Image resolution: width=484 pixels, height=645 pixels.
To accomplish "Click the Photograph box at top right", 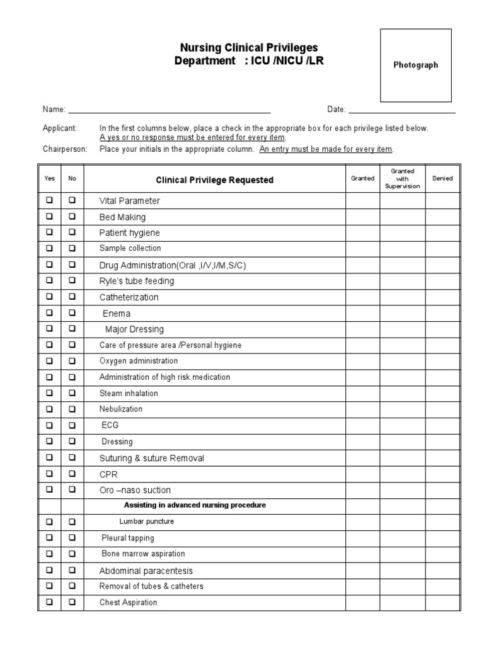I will (415, 65).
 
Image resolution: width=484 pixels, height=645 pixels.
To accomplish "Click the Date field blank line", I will (401, 110).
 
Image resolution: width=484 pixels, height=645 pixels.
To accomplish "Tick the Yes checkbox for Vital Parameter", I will (49, 200).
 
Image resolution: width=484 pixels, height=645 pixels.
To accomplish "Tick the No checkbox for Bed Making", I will (72, 216).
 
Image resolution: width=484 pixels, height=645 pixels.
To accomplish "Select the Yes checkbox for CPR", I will (49, 473).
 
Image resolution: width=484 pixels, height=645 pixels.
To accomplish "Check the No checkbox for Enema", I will (72, 312).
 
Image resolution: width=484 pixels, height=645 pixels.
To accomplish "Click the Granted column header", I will (362, 179).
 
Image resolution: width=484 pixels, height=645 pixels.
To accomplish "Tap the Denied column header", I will (442, 179).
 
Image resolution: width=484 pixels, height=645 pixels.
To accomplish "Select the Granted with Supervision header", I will (402, 179).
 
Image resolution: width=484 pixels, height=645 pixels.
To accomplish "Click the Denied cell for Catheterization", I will (442, 297).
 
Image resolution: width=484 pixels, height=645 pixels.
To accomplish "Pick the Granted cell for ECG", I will (362, 425).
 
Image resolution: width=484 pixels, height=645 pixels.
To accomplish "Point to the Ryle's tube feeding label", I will (137, 281).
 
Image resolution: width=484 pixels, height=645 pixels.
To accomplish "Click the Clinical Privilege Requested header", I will (214, 180).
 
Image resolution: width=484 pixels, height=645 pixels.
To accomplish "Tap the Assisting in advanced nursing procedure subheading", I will (195, 505).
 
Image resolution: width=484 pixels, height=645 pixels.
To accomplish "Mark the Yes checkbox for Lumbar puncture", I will (49, 522).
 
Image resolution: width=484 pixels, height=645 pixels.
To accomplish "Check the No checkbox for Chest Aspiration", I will (72, 602).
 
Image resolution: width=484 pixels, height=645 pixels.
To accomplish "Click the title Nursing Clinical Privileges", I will (249, 48).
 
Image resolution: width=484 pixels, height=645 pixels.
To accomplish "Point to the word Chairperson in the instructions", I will (65, 149).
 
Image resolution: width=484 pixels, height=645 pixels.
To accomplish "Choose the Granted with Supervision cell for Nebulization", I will (402, 409).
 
